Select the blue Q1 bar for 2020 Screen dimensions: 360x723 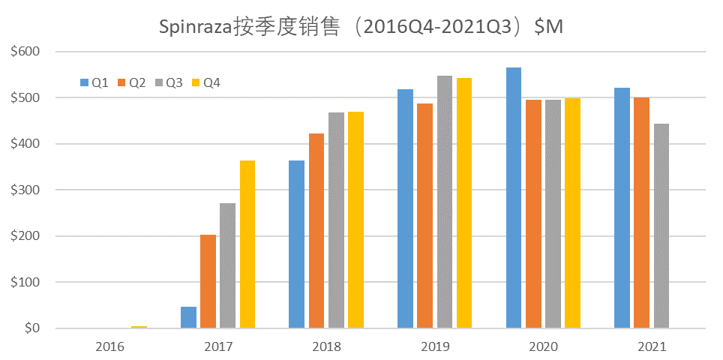(514, 198)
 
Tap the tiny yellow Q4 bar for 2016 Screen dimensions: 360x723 (139, 326)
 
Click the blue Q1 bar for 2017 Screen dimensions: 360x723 (189, 317)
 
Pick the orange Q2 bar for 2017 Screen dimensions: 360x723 (208, 281)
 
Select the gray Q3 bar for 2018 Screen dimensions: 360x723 (336, 220)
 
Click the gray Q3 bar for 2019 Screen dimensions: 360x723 (445, 202)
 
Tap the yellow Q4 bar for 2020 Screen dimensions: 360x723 (572, 213)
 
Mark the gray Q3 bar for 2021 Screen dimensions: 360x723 (661, 226)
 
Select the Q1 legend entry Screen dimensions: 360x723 (94, 82)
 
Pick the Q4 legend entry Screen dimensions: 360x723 (206, 82)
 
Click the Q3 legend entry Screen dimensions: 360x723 (169, 82)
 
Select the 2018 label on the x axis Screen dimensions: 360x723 (327, 346)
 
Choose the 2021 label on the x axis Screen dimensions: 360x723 (652, 346)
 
